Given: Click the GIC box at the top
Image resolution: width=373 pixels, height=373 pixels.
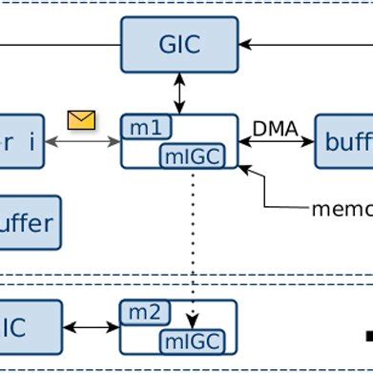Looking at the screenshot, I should pos(179,45).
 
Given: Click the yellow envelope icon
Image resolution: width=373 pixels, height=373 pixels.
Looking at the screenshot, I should pos(82,119).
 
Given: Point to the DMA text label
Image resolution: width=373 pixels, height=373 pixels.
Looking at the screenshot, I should pos(275,128).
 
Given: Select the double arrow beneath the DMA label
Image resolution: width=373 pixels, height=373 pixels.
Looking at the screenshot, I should pos(276,142).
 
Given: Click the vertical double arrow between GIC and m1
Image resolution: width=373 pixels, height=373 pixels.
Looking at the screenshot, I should pos(179,93).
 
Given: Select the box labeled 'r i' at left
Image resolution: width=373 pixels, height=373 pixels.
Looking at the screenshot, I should pos(21,142).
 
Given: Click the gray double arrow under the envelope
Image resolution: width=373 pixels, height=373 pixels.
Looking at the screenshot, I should pos(82,142).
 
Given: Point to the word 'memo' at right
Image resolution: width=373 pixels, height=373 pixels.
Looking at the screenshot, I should pos(342,208).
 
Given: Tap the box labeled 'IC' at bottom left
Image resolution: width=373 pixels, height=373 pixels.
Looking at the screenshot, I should pos(29,327).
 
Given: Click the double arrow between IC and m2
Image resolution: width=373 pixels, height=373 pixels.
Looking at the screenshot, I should pos(91,327).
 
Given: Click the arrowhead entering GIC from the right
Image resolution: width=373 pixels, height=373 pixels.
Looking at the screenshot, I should pos(245,45).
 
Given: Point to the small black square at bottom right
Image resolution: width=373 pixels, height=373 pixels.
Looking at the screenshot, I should pos(368,335).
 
